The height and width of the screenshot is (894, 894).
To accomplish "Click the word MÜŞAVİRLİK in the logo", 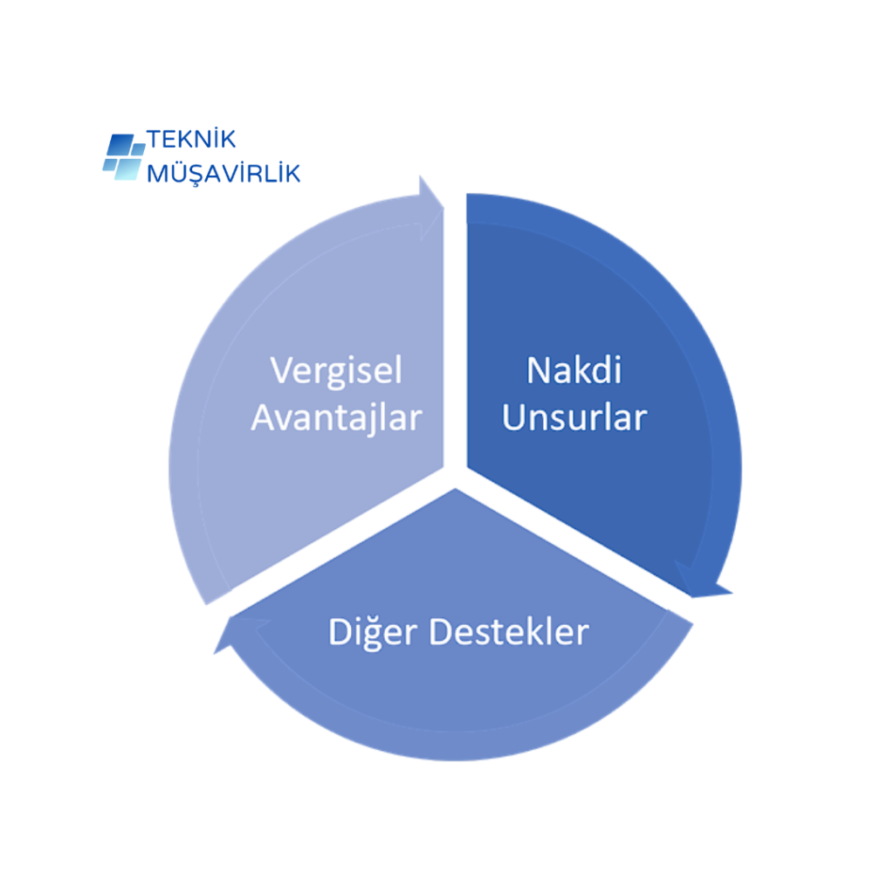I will (223, 173).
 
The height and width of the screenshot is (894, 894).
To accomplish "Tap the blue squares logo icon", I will (123, 156).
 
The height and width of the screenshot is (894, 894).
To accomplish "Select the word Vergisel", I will (336, 370).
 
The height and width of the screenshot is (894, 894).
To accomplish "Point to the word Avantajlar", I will (336, 417).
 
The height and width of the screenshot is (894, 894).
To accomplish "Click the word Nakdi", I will (574, 370).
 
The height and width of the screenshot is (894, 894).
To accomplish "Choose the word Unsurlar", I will (574, 417).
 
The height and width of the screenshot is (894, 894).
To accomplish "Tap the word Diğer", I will (374, 631).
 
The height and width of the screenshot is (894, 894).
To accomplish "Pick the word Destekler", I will (510, 631).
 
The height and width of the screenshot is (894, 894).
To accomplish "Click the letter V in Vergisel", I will (280, 370).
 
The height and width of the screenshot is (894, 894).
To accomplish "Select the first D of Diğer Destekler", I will (339, 631).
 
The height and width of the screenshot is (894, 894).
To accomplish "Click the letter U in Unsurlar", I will (513, 417).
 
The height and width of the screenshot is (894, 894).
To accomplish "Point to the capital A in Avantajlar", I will (263, 417).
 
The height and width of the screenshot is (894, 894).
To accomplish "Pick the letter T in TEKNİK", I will (155, 140).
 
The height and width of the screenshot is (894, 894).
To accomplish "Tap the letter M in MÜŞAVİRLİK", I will (157, 173).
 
